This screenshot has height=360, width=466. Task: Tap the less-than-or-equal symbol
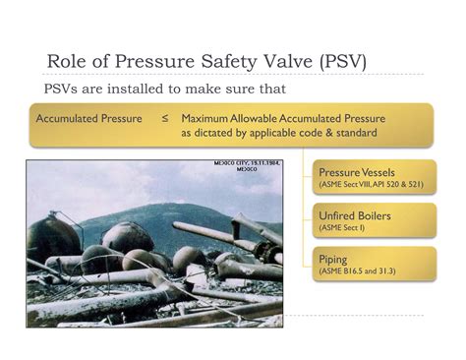[164, 119]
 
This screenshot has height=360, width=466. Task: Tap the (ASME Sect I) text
[341, 227]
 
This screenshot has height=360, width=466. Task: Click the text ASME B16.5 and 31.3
[359, 270]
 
